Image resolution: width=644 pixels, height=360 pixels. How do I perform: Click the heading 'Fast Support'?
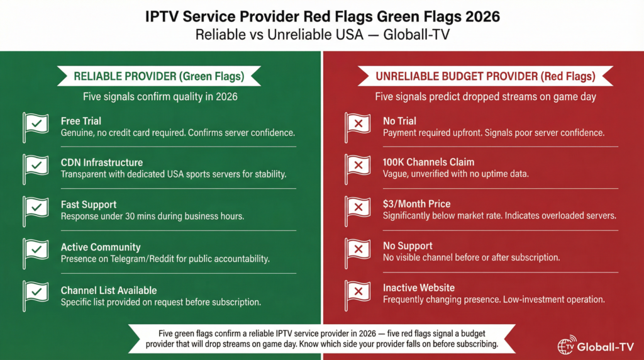point(89,205)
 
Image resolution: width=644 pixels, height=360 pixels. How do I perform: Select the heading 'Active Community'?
point(101,247)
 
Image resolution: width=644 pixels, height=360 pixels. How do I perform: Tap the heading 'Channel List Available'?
point(108,290)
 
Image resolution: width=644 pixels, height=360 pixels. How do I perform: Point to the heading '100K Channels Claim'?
point(428,162)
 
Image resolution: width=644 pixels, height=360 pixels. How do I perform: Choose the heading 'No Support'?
point(408,246)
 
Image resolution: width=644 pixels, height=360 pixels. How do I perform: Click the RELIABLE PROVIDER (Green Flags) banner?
point(159,76)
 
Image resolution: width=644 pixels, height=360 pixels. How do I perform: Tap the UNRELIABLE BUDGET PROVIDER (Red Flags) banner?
point(485,76)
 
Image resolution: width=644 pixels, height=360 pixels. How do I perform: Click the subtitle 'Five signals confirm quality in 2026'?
point(160,97)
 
